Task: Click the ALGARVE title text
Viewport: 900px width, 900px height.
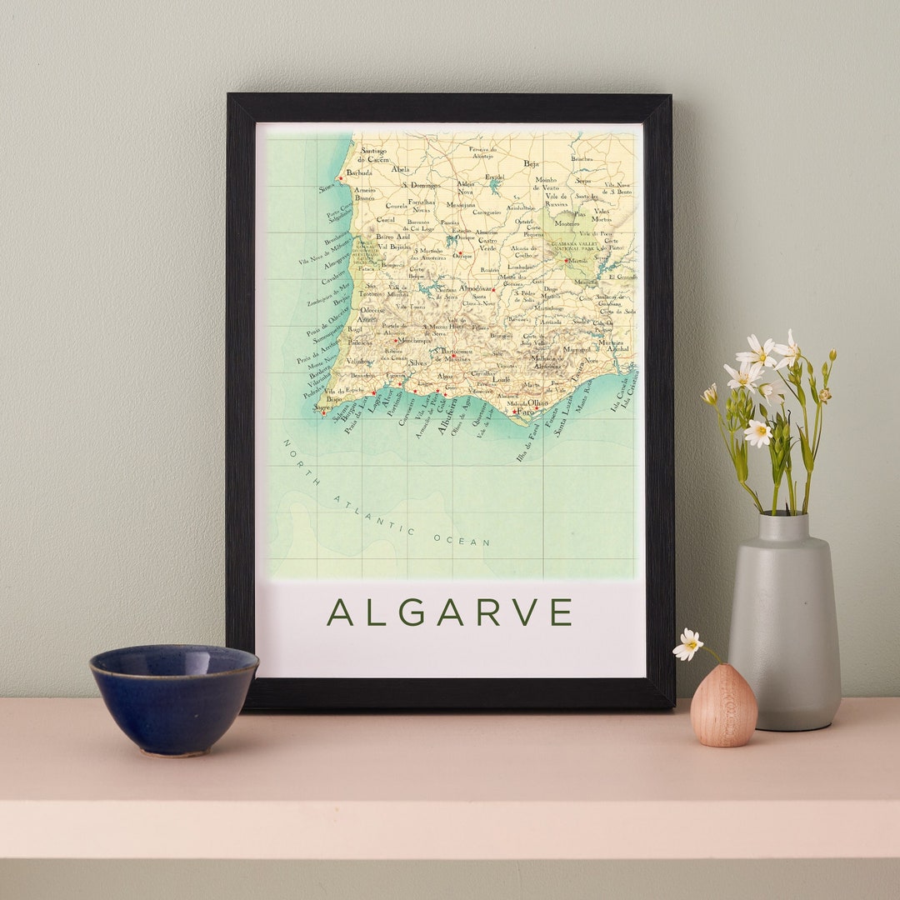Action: [x=449, y=612]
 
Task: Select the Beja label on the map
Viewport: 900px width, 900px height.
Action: [x=532, y=164]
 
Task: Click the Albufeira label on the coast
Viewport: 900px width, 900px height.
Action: [x=448, y=415]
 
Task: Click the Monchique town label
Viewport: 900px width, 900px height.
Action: [x=414, y=340]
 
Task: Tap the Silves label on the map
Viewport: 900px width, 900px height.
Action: [x=417, y=362]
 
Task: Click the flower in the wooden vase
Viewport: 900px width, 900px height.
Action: [x=688, y=644]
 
